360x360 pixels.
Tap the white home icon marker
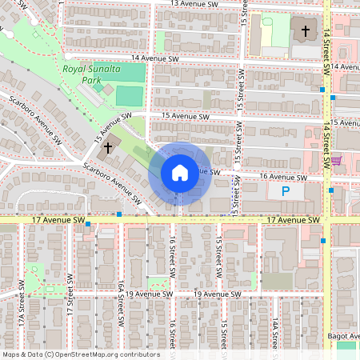[x=179, y=173]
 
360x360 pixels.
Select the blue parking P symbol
[x=285, y=192]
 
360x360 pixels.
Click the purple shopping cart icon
[x=337, y=161]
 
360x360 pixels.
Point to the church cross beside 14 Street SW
[x=305, y=32]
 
